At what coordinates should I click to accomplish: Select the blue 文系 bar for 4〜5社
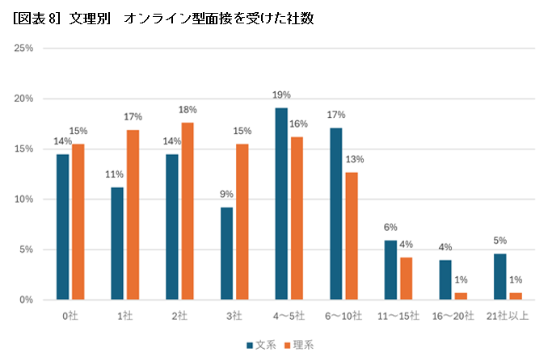(281, 204)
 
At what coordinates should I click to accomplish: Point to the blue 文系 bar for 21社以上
(500, 276)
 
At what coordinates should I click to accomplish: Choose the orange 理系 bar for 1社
(132, 214)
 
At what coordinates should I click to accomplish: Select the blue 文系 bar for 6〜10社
(336, 213)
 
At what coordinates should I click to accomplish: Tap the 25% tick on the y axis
(23, 48)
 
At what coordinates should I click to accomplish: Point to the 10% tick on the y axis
(23, 199)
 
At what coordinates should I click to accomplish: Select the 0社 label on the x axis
(71, 316)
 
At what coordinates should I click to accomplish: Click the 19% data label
(281, 94)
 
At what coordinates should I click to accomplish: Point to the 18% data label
(188, 109)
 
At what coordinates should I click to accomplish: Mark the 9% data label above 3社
(226, 194)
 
